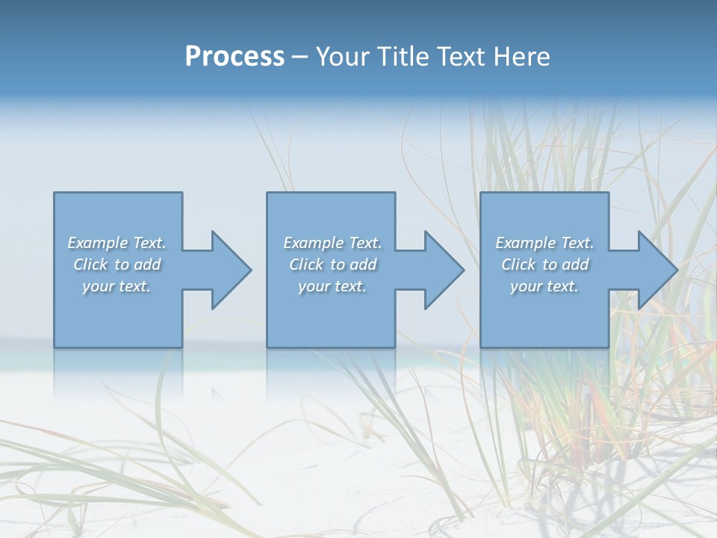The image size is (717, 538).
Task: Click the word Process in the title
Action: point(235,57)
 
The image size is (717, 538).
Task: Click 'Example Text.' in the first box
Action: point(117,243)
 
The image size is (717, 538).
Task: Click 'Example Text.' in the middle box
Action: point(332,243)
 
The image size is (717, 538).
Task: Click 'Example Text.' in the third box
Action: point(544,243)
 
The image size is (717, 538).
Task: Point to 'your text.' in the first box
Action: point(117,286)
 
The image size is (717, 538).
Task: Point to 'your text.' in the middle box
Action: point(332,286)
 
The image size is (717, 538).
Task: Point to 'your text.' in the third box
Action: point(544,286)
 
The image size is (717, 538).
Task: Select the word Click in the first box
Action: point(90,265)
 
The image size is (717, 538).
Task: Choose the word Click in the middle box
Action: point(306,265)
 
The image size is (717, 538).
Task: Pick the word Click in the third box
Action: point(518,265)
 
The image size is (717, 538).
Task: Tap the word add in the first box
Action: point(147,265)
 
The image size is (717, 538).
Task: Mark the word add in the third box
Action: point(575,265)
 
